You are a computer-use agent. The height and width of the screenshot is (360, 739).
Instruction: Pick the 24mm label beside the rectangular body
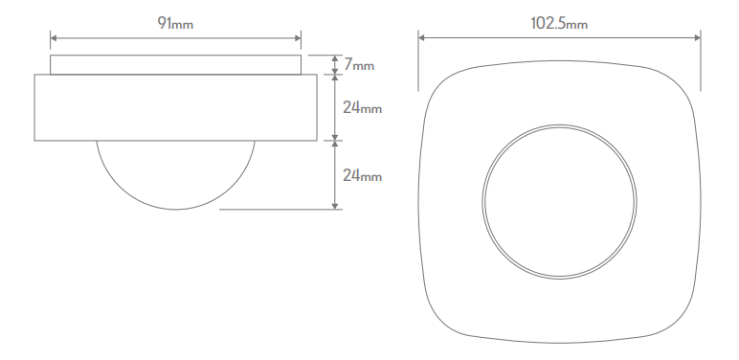[363, 107]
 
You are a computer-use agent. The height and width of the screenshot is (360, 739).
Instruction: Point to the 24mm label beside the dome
[363, 175]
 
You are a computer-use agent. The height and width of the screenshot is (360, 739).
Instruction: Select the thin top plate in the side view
[175, 64]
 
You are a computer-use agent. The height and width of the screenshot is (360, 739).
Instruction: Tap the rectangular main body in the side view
[175, 107]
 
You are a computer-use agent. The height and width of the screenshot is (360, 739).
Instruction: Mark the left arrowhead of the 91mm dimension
[54, 38]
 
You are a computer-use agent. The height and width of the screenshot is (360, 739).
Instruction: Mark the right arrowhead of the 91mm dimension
[297, 38]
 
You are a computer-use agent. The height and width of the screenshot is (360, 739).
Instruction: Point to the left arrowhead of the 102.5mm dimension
[422, 38]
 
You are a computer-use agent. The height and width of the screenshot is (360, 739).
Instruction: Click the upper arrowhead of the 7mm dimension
[334, 57]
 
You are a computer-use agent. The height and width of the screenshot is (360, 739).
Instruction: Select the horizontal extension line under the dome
[278, 210]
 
